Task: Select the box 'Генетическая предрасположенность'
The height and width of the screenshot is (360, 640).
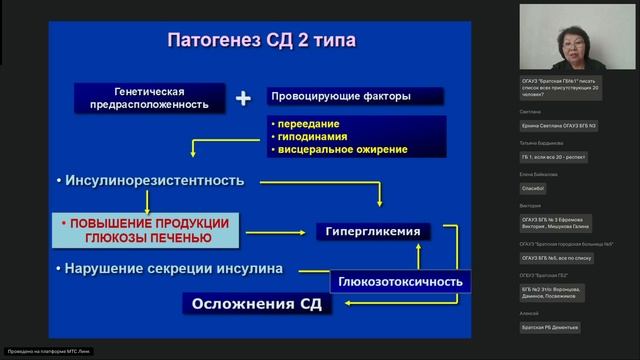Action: coord(148,97)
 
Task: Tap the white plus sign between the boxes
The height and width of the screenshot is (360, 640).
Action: coord(242,98)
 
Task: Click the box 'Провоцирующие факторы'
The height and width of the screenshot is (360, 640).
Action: coord(341,97)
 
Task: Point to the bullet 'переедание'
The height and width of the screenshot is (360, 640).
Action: coord(304,122)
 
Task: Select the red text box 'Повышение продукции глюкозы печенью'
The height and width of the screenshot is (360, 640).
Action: coord(146,230)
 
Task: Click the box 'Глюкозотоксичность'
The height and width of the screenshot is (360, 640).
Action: coord(400,282)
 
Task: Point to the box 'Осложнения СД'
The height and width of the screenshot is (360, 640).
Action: coord(256,304)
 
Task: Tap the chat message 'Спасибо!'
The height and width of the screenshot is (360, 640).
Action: coord(535,188)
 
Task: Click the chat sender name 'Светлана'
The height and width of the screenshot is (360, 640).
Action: coord(530,112)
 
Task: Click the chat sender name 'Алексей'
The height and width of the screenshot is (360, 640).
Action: coord(529,313)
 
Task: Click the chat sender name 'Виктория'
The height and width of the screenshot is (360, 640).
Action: coord(530,206)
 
